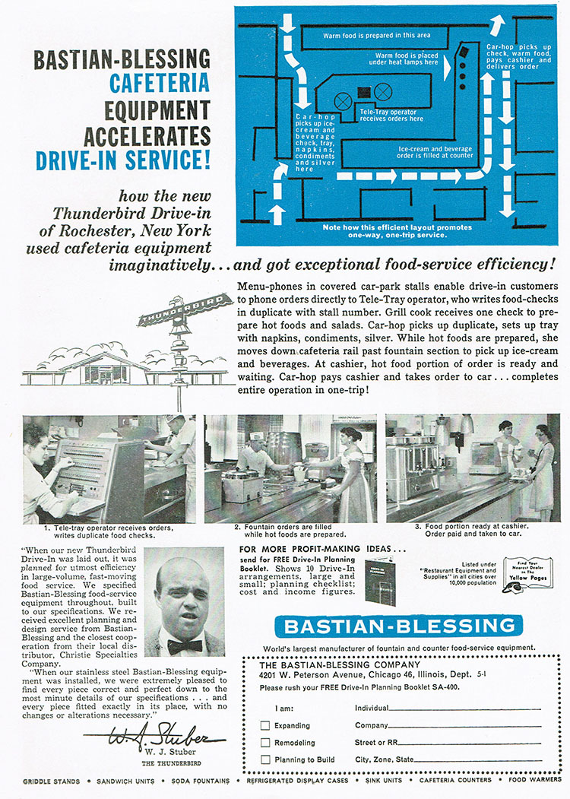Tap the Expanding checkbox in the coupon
(266, 725)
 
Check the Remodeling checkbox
(266, 742)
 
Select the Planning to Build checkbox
(266, 759)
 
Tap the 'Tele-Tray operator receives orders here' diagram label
(391, 115)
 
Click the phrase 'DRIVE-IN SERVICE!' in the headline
(123, 160)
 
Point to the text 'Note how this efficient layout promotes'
(397, 227)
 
